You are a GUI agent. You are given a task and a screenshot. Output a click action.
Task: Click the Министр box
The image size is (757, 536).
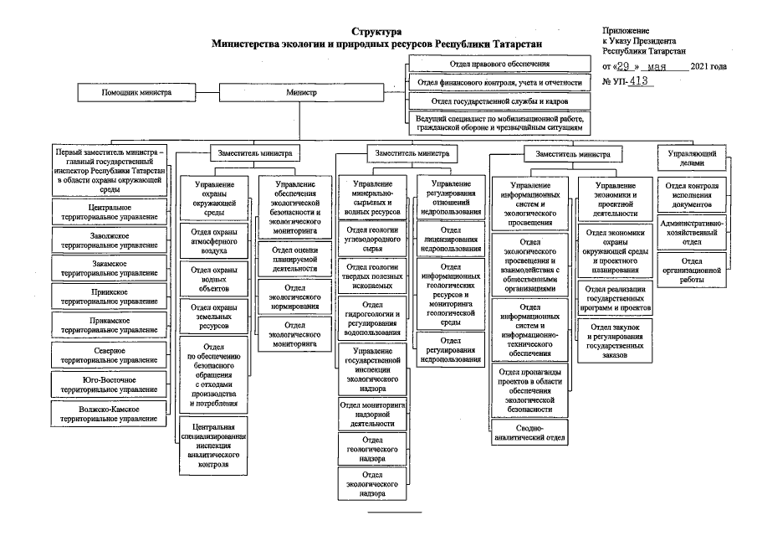tap(301, 92)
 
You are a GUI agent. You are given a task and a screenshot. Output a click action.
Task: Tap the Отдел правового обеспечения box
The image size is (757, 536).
tap(500, 64)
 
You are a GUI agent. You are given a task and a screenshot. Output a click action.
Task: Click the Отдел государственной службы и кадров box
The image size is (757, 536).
tap(500, 101)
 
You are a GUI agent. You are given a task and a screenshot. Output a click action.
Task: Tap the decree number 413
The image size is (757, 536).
tap(637, 82)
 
